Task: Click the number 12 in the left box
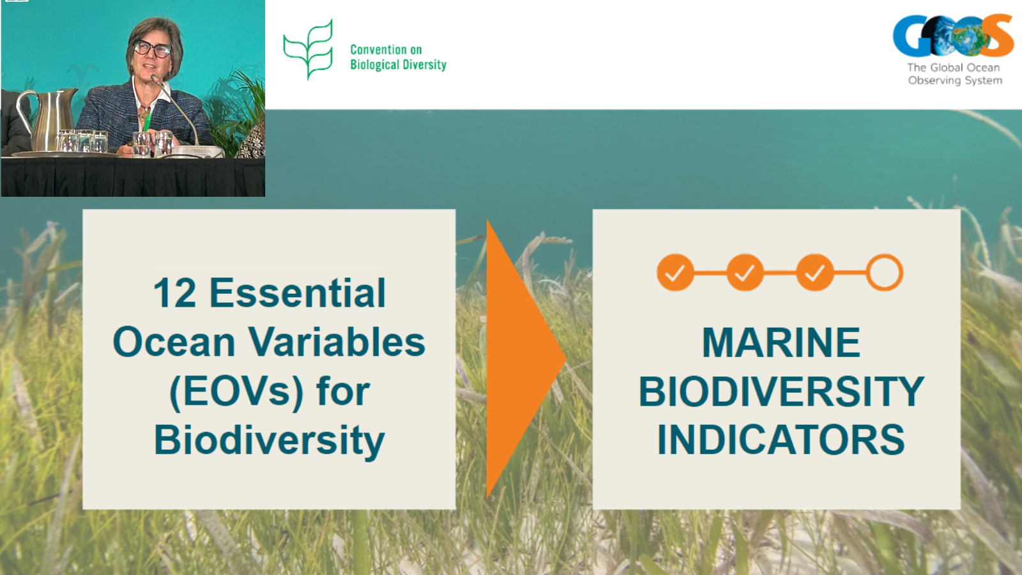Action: click(x=175, y=293)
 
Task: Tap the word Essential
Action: click(x=298, y=293)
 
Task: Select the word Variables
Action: click(x=336, y=342)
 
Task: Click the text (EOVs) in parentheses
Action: click(x=236, y=392)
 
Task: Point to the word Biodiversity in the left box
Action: click(x=270, y=440)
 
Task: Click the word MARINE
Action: click(x=781, y=342)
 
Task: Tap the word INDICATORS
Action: click(x=781, y=440)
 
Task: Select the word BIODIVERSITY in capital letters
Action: click(x=781, y=392)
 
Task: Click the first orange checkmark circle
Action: click(x=675, y=272)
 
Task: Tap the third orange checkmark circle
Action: click(x=815, y=272)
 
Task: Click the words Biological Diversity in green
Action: click(x=399, y=65)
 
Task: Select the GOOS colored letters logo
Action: click(x=954, y=36)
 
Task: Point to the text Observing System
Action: click(x=955, y=80)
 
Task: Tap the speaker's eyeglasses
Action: click(x=152, y=49)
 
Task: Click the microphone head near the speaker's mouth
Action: click(x=156, y=79)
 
